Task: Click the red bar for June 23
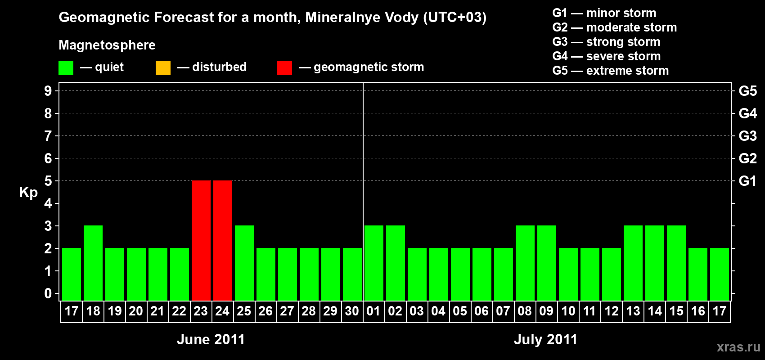201,240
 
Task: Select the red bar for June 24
222,240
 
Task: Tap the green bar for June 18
93,263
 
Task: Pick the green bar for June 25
244,263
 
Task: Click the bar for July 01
373,263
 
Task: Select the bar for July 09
546,263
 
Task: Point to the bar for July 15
676,263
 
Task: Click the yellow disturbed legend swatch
163,68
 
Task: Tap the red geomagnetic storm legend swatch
284,68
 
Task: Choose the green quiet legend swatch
66,68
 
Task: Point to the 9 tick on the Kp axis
48,91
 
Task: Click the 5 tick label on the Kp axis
48,181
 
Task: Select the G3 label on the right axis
747,136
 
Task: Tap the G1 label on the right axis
747,181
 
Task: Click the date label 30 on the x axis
352,311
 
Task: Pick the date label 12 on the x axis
611,311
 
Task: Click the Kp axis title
28,193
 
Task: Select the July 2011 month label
545,339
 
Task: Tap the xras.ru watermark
738,347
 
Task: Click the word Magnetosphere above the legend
107,45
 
